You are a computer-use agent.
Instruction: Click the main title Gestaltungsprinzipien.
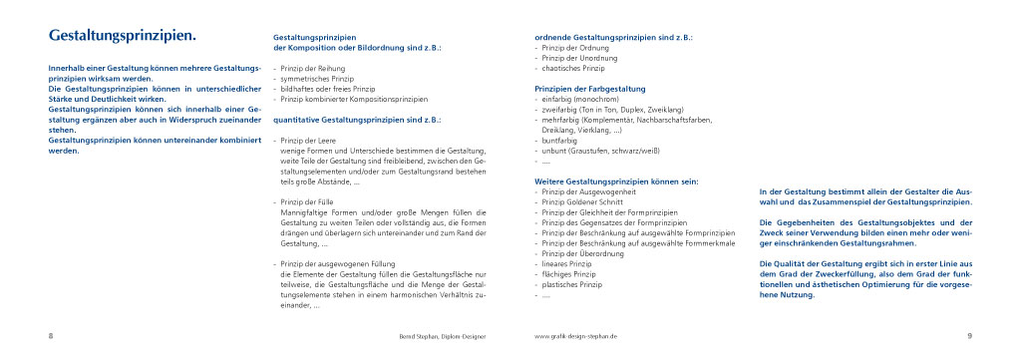122,36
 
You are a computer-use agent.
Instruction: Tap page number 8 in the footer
50,336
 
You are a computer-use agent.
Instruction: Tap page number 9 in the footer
968,336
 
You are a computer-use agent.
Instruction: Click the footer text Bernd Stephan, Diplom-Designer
436,337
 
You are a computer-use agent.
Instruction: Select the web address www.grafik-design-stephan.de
577,337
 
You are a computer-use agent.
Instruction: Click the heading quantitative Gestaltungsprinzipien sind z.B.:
358,120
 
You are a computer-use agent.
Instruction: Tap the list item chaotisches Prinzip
573,68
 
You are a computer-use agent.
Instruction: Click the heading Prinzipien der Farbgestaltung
590,89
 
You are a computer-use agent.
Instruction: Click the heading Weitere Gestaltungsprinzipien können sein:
616,180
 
